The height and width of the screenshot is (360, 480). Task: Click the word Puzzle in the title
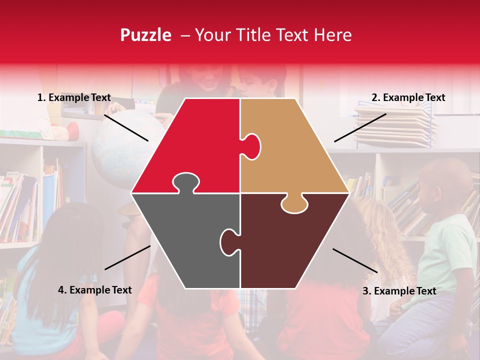[145, 35]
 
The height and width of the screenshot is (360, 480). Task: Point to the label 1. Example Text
[74, 98]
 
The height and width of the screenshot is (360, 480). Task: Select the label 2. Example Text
[408, 98]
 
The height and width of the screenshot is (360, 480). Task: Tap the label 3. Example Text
[399, 291]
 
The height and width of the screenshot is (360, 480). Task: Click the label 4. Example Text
[94, 290]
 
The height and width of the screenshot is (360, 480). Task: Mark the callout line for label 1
[126, 127]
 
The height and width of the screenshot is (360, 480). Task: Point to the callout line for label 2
[360, 127]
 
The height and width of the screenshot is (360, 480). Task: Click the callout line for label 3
[355, 260]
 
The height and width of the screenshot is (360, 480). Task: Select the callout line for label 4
[127, 257]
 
